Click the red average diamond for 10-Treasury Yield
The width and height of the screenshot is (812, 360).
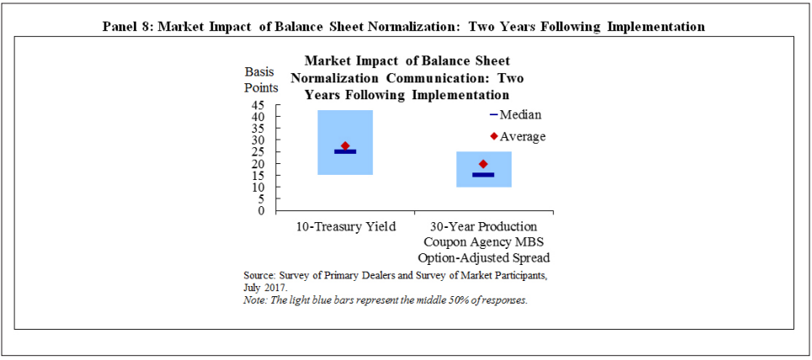tap(345, 146)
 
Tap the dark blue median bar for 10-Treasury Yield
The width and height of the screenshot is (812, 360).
tap(345, 151)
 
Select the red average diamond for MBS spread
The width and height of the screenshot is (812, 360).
tap(483, 164)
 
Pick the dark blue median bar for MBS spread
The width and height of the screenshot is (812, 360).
tap(483, 175)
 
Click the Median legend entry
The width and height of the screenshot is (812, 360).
tap(515, 114)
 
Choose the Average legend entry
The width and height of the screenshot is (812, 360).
tap(517, 137)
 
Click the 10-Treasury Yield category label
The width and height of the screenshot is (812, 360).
tap(345, 227)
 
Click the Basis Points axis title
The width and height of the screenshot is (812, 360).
tap(262, 80)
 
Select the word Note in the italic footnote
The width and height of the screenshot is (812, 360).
tap(254, 300)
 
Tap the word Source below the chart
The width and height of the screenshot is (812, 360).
tap(257, 274)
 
